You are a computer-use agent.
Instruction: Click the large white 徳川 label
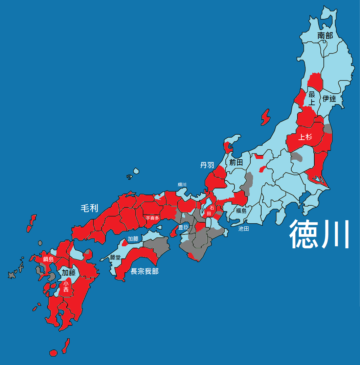(319, 234)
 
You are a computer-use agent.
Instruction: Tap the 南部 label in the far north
(325, 36)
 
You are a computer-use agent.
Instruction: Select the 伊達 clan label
(329, 99)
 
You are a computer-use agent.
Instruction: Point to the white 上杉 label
(305, 137)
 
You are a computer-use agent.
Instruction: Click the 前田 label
(236, 162)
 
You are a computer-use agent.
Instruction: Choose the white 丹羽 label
(207, 165)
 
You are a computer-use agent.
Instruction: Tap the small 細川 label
(182, 184)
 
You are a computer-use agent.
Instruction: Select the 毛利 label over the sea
(89, 208)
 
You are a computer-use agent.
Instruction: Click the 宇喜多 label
(152, 218)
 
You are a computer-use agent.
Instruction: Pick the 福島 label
(241, 211)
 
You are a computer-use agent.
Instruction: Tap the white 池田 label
(244, 229)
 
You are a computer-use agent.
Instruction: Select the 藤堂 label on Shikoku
(115, 257)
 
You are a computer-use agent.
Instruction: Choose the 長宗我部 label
(144, 271)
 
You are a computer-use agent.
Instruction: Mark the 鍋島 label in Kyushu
(48, 259)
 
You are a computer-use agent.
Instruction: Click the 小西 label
(66, 287)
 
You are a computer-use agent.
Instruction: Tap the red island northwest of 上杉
(266, 117)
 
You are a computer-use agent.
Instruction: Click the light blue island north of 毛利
(136, 171)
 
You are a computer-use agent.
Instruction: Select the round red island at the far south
(53, 353)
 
